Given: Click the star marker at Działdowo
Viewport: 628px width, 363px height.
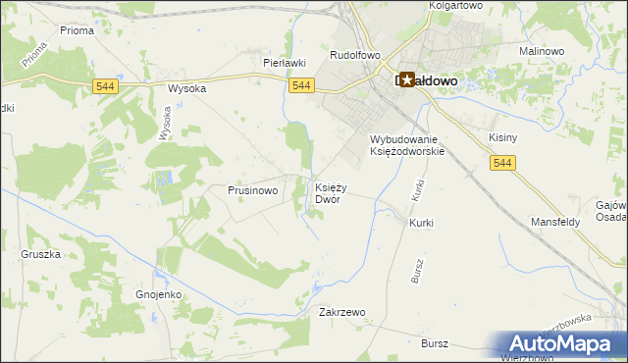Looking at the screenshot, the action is pyautogui.click(x=406, y=79).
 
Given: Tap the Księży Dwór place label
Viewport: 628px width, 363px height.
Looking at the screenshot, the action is pyautogui.click(x=329, y=192).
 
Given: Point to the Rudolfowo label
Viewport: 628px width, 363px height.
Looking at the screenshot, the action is pyautogui.click(x=354, y=56).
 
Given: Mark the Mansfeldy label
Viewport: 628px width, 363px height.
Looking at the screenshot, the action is pyautogui.click(x=556, y=223).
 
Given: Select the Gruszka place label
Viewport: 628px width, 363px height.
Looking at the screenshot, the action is pyautogui.click(x=41, y=254).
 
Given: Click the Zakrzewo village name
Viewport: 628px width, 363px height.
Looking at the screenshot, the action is pyautogui.click(x=342, y=312).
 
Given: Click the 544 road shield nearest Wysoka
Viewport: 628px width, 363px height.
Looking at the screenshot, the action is pyautogui.click(x=108, y=87).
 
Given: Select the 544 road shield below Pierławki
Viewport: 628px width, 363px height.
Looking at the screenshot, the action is pyautogui.click(x=302, y=86).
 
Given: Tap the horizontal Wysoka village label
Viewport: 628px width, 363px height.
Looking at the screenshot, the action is pyautogui.click(x=186, y=87).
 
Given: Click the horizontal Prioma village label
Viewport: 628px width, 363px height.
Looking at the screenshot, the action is pyautogui.click(x=77, y=30).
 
